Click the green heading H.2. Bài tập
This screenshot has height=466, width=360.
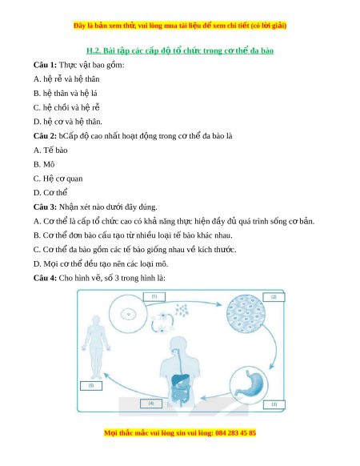click(180, 50)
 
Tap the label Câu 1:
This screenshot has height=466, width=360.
click(45, 65)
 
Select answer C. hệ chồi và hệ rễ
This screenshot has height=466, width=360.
click(66, 107)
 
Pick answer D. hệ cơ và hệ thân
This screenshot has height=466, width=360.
click(68, 122)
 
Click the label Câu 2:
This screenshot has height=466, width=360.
click(45, 136)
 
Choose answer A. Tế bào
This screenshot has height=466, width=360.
click(50, 151)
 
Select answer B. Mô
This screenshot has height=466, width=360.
click(44, 164)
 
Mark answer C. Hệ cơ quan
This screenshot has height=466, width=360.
click(58, 179)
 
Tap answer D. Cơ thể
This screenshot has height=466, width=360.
click(50, 193)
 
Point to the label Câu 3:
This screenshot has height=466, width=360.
click(45, 207)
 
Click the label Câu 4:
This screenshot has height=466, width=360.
click(45, 278)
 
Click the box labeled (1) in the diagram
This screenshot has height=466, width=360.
click(154, 296)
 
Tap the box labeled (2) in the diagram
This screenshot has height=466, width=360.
click(274, 297)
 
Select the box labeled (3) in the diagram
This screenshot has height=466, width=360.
click(274, 404)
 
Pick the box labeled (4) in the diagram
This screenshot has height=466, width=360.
click(151, 404)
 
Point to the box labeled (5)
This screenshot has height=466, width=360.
click(91, 386)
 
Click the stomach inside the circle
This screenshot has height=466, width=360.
click(252, 384)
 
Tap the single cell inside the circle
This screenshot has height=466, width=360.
click(128, 314)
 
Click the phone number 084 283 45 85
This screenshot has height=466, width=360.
click(235, 432)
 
